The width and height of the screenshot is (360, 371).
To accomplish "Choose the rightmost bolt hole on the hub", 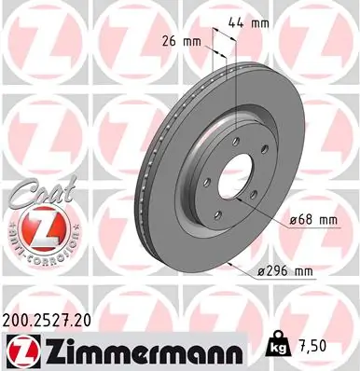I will click(x=255, y=194).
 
